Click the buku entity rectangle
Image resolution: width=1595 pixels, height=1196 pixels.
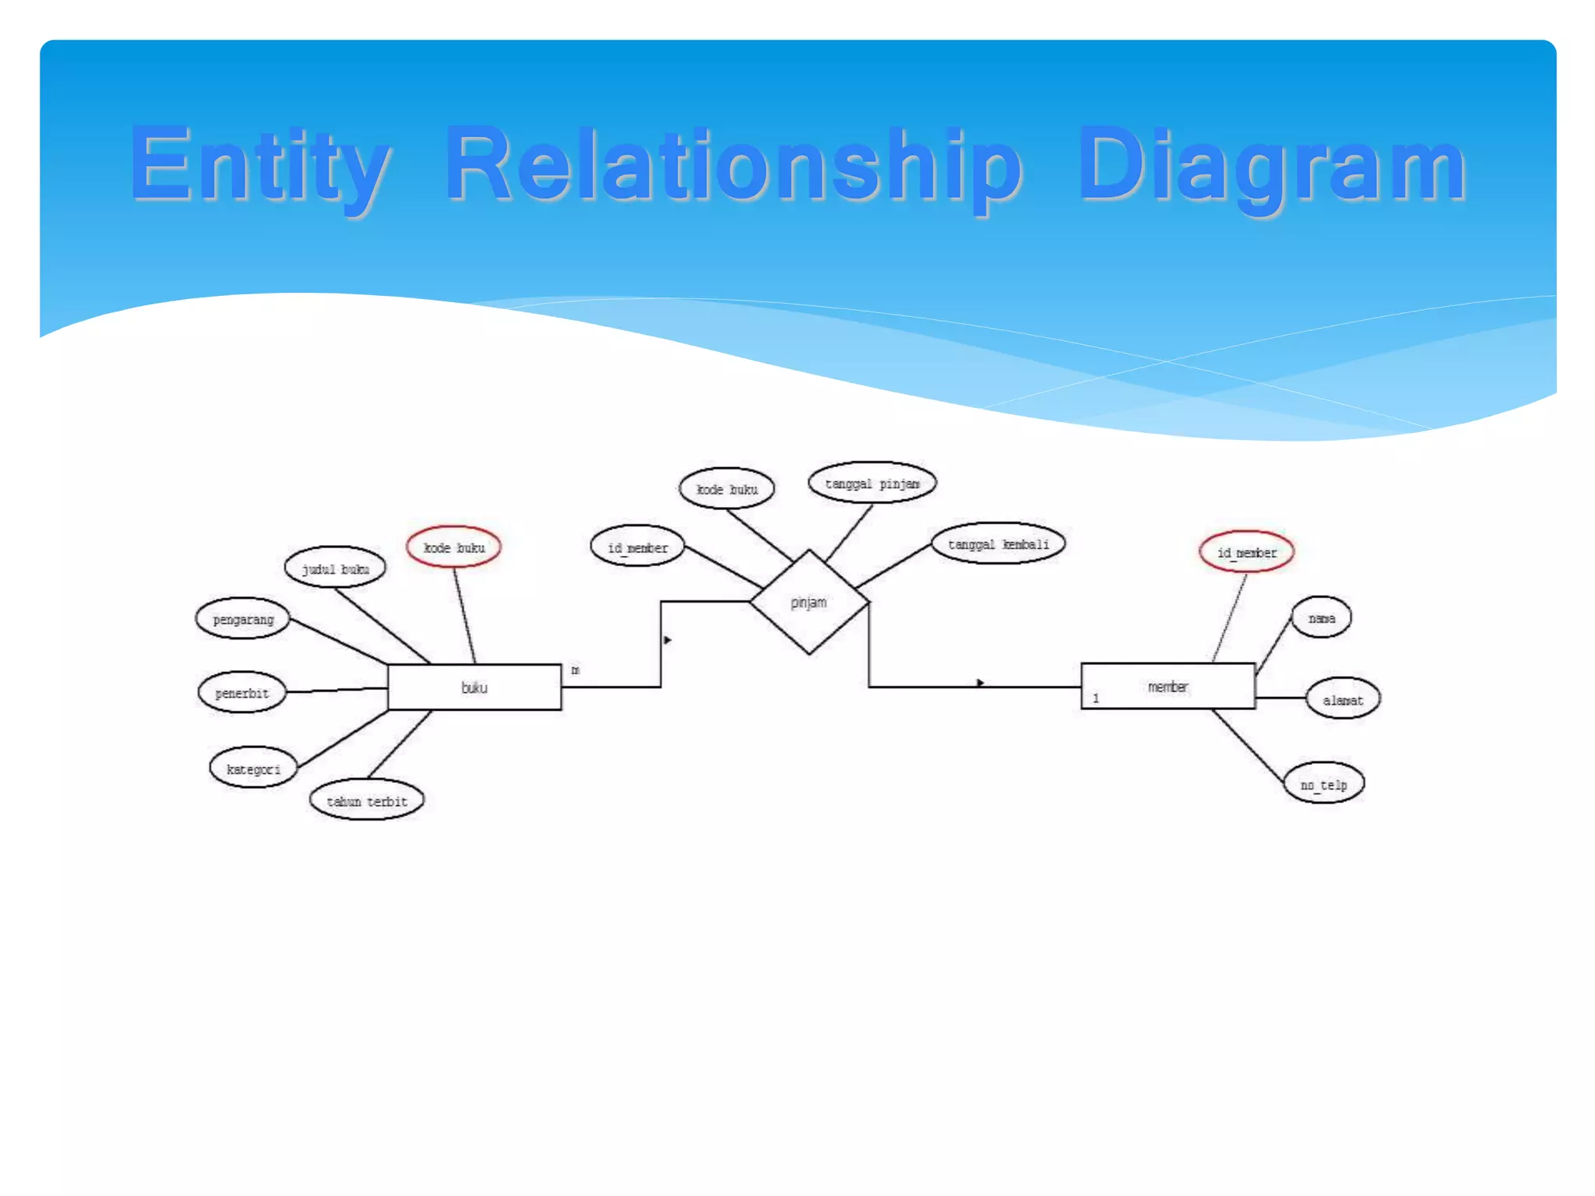tap(474, 688)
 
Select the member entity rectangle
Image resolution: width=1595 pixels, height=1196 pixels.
tap(1167, 686)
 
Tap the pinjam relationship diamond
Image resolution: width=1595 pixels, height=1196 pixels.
tap(808, 602)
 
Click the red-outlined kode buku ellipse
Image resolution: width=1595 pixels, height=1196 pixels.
tap(453, 547)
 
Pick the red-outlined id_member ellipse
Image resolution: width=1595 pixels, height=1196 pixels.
tap(1246, 552)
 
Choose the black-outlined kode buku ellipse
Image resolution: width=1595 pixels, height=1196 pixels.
tap(727, 489)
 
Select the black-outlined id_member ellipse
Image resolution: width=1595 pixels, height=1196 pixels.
tap(637, 547)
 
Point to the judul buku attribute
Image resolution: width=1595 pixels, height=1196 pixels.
tap(335, 568)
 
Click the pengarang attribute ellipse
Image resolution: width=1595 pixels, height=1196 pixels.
tap(243, 619)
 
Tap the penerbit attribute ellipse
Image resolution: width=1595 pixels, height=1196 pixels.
tap(241, 692)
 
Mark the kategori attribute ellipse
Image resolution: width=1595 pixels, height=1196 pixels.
tap(253, 769)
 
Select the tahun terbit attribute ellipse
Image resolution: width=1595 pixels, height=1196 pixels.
tap(367, 800)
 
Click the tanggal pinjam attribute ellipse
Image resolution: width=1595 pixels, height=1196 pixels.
tap(871, 484)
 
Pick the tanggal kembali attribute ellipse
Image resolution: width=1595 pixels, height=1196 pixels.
tap(998, 543)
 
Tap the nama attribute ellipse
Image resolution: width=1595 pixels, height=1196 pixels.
tap(1321, 618)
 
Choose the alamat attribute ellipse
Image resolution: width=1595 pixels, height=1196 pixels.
tap(1343, 699)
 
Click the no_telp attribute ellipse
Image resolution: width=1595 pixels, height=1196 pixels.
tap(1323, 784)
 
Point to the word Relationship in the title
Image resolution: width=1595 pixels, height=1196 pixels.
tap(732, 165)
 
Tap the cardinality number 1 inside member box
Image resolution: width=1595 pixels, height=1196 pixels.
tap(1096, 698)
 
